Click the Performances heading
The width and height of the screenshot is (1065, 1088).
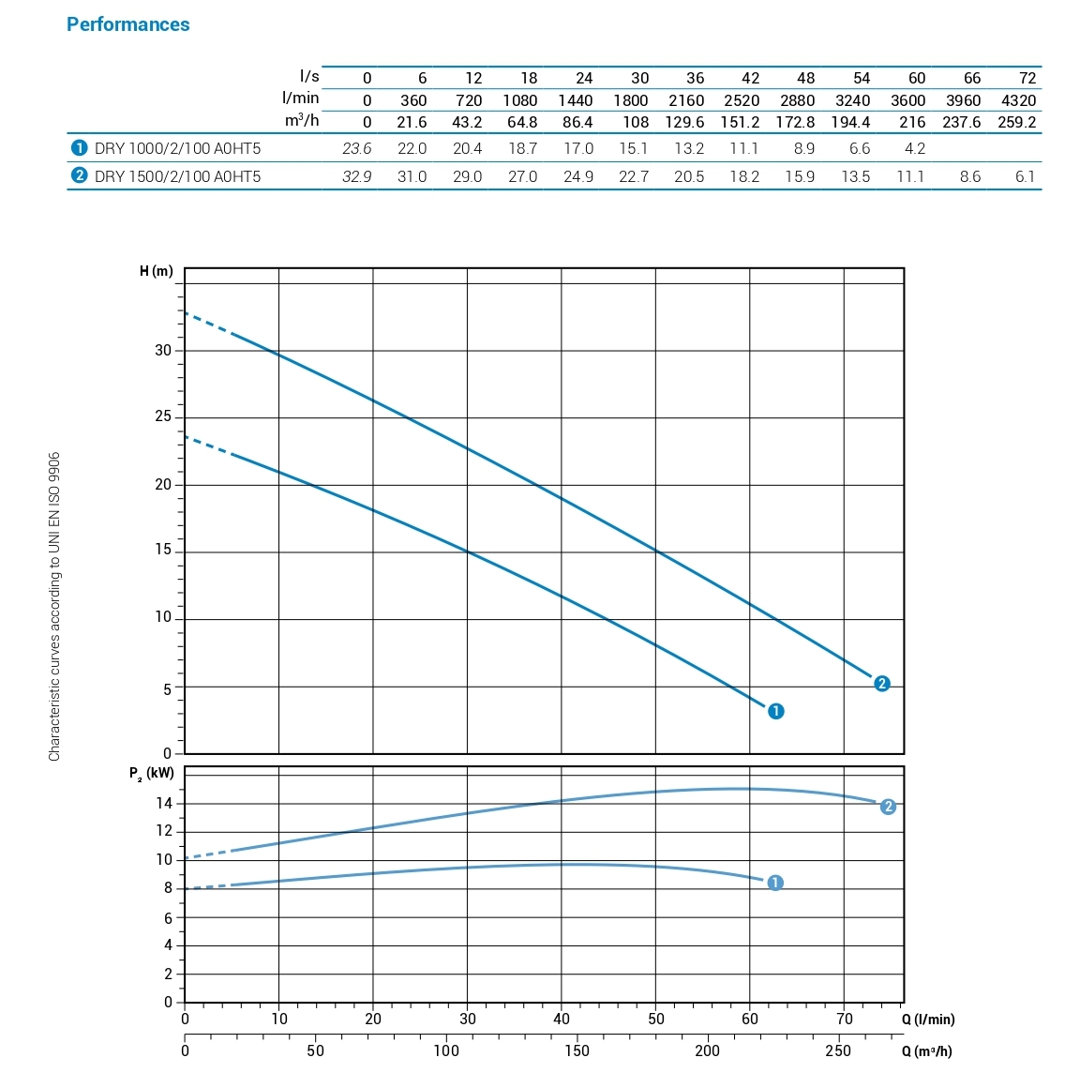coord(127,25)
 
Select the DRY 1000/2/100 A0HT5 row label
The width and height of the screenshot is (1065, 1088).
coord(177,148)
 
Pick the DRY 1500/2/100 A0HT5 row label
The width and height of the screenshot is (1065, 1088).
coord(177,176)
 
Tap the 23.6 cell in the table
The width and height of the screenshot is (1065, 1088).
coord(356,148)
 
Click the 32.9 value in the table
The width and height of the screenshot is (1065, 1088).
coord(356,176)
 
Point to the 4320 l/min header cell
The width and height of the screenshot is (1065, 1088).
coord(1018,100)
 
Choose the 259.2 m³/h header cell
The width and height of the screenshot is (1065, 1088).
coord(1016,122)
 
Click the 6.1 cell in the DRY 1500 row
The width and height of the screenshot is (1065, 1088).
coord(1025,176)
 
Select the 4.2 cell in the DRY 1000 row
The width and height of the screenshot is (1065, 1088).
coord(914,148)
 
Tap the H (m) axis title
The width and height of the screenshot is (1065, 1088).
coord(157,271)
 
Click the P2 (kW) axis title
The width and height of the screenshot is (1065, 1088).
coord(152,774)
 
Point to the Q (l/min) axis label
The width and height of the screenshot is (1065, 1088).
coord(928,1019)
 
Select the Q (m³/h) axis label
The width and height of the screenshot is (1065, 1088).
coord(926,1050)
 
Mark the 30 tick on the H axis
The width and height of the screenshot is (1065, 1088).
coord(163,350)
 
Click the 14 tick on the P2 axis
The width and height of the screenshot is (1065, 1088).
coord(164,803)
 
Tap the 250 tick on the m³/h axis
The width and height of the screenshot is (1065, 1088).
coord(838,1050)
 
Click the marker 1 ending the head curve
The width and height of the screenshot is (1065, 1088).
coord(775,711)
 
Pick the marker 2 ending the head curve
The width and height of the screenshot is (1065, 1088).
coord(881,684)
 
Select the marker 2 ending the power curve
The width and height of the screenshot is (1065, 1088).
coord(888,807)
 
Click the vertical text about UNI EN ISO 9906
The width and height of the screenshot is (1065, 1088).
coord(54,606)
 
